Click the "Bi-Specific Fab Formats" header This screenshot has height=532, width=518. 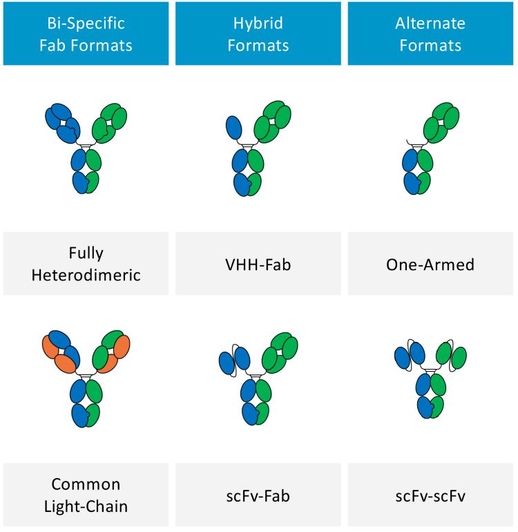[x=86, y=34]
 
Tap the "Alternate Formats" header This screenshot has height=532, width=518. [x=430, y=34]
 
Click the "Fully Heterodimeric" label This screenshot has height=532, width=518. [x=86, y=264]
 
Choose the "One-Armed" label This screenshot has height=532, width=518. [x=430, y=264]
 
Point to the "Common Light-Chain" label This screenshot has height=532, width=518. [x=86, y=495]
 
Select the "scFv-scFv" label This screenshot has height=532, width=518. [x=430, y=495]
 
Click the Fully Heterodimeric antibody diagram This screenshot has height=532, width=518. [x=86, y=149]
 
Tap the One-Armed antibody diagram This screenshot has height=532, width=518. [x=428, y=149]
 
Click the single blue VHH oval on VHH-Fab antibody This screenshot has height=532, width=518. [x=235, y=129]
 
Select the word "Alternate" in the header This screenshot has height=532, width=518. [x=430, y=23]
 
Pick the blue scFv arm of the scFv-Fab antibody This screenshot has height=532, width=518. [x=234, y=360]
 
